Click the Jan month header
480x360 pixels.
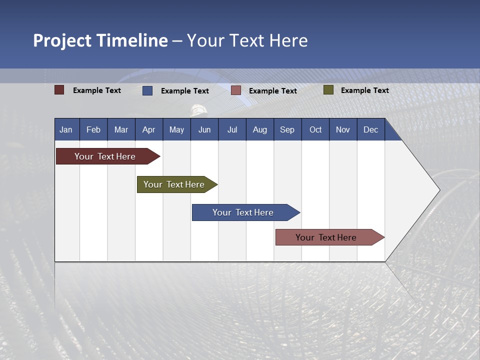pos(66,129)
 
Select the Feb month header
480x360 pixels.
pos(93,129)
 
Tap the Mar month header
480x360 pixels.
pos(121,129)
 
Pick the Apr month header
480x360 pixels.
pos(148,129)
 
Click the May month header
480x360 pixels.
pos(176,129)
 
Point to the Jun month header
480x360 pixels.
pos(204,129)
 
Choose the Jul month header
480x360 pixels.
pos(232,129)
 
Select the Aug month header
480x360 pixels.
pos(259,129)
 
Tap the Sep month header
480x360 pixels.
pos(287,129)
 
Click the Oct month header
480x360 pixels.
pos(315,129)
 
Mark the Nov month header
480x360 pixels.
pos(343,129)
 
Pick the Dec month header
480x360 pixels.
pos(370,129)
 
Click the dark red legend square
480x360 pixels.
pos(59,90)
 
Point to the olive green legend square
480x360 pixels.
pos(328,90)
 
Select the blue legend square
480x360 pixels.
pos(147,90)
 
